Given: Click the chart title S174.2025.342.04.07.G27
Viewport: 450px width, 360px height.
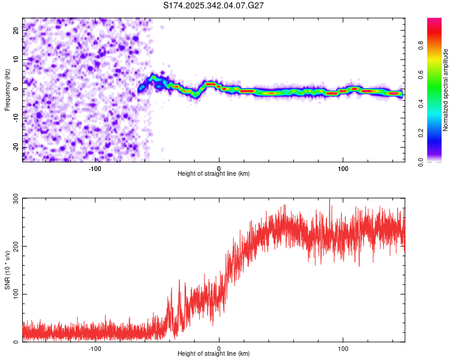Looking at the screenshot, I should click(x=214, y=5).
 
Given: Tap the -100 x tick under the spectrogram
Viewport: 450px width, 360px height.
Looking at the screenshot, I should click(x=94, y=167).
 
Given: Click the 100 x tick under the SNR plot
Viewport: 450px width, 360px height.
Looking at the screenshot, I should click(x=343, y=348).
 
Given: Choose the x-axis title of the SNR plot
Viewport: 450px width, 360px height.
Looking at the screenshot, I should click(x=214, y=354).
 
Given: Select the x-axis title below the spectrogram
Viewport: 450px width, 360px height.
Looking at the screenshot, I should click(x=214, y=174).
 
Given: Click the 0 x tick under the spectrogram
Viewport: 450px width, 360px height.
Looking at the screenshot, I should click(x=219, y=167).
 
